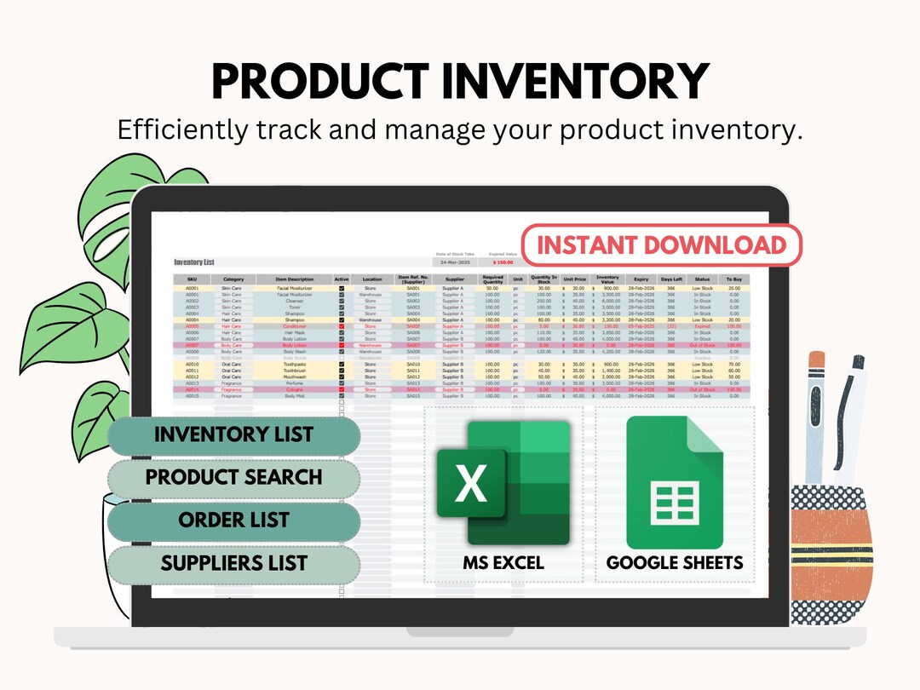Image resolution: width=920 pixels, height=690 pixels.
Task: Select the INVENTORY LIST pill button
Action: click(x=233, y=434)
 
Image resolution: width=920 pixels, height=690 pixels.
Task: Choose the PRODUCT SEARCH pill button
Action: click(x=233, y=477)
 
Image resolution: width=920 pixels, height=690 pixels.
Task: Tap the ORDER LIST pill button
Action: click(x=233, y=520)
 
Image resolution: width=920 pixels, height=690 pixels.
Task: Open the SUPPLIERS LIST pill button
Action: click(x=233, y=563)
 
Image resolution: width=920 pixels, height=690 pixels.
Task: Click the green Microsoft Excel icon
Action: click(x=503, y=483)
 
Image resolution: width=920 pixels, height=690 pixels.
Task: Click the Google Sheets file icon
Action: click(x=675, y=483)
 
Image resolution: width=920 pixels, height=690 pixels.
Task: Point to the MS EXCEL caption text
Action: click(x=503, y=563)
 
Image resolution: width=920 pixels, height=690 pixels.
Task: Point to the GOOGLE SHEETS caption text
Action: click(x=675, y=563)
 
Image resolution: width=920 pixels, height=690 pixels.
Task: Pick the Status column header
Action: click(x=702, y=279)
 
